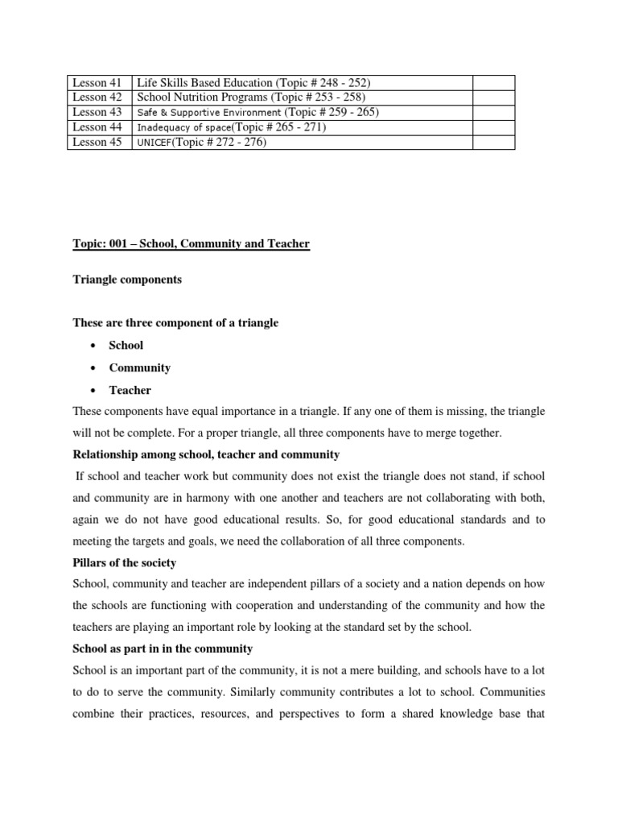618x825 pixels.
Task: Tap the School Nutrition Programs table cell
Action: click(251, 97)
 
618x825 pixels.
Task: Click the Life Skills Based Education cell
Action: click(253, 82)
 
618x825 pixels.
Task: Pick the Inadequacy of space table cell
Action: click(232, 127)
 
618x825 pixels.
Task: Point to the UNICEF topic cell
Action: click(201, 143)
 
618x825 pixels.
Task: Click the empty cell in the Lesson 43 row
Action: click(492, 112)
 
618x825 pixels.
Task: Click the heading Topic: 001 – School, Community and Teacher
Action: click(191, 244)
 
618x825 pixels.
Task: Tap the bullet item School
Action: click(126, 345)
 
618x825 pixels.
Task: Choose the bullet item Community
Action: click(140, 367)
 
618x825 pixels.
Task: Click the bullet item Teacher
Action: click(130, 390)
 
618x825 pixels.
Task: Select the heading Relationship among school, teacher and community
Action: click(206, 454)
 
